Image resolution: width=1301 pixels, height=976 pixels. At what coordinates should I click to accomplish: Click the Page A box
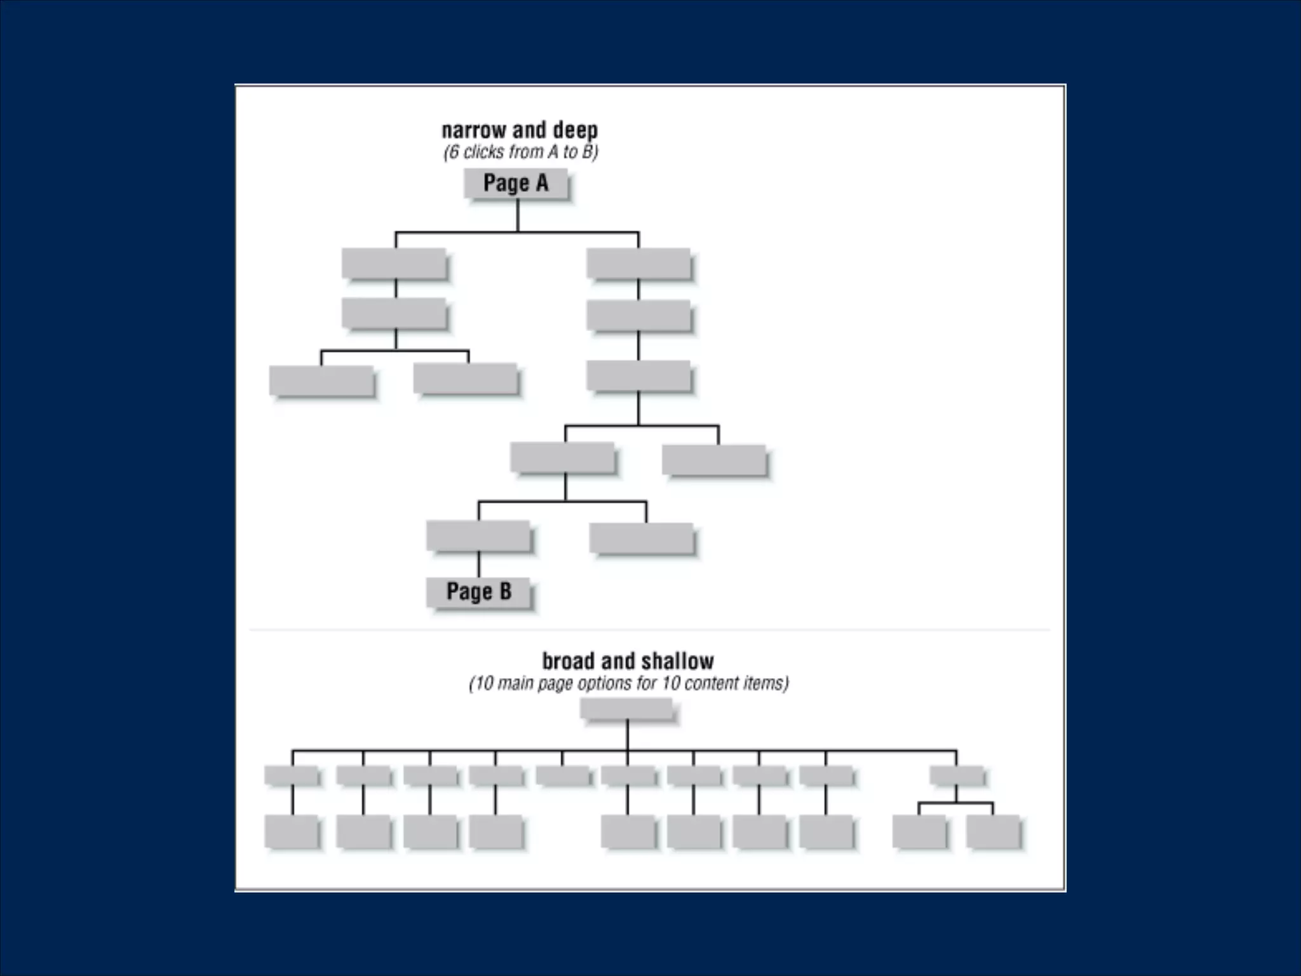(515, 184)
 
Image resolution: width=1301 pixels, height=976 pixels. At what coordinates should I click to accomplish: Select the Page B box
(478, 592)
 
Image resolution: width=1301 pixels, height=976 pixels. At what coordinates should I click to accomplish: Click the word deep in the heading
(575, 130)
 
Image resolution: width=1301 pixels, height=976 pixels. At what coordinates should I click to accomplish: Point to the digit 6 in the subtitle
(452, 152)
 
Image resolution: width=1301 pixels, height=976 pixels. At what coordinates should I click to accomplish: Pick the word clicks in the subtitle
(484, 152)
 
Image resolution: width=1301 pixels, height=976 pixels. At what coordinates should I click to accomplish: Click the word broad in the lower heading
(569, 661)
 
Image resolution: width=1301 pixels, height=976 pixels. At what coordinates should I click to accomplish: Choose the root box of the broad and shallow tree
(626, 708)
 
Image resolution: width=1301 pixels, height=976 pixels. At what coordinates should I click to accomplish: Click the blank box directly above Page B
(478, 536)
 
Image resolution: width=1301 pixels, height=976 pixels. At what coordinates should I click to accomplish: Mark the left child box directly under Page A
(394, 263)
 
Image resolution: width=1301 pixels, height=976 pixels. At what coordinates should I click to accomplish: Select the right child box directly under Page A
(638, 263)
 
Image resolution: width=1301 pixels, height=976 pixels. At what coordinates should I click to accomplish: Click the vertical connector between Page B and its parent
(478, 565)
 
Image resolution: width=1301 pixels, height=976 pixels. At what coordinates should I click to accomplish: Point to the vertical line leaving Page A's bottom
(517, 216)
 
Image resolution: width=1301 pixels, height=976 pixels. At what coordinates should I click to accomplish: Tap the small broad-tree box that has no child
(563, 775)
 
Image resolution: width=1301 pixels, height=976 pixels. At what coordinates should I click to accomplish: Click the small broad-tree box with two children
(956, 775)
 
